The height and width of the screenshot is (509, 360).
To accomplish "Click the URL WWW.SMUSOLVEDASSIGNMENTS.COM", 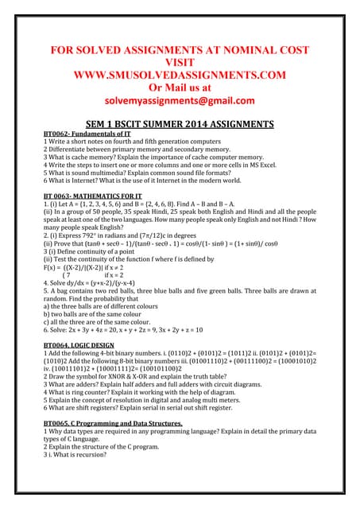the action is [180, 76].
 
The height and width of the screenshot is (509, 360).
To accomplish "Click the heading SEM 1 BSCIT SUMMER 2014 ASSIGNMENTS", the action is [180, 124].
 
